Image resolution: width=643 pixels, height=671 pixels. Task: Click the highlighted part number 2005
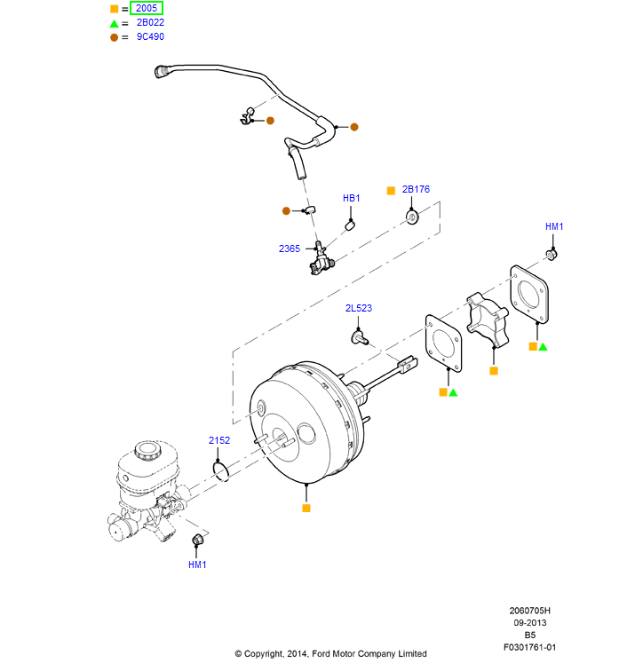tap(147, 8)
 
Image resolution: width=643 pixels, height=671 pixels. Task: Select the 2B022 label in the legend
tap(150, 22)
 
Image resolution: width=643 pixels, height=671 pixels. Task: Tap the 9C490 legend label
tap(150, 36)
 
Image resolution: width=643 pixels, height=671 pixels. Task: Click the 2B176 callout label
tap(416, 189)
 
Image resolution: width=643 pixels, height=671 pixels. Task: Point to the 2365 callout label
tap(290, 249)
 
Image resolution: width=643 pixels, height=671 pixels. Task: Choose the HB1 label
tap(352, 198)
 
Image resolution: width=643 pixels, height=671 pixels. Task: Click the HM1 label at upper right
tap(554, 227)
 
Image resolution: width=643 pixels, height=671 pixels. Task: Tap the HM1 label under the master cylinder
tap(197, 564)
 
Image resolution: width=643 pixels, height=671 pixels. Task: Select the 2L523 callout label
tap(359, 308)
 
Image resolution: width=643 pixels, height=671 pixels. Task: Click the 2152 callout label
tap(219, 440)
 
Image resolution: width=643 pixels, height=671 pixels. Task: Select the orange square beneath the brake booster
tap(306, 508)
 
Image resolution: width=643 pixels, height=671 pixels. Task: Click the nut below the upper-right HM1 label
tap(552, 256)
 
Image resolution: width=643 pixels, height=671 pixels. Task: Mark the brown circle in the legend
tap(114, 36)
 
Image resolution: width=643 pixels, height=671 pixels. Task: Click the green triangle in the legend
tap(114, 22)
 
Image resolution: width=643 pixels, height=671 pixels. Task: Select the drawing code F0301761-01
tap(530, 647)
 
